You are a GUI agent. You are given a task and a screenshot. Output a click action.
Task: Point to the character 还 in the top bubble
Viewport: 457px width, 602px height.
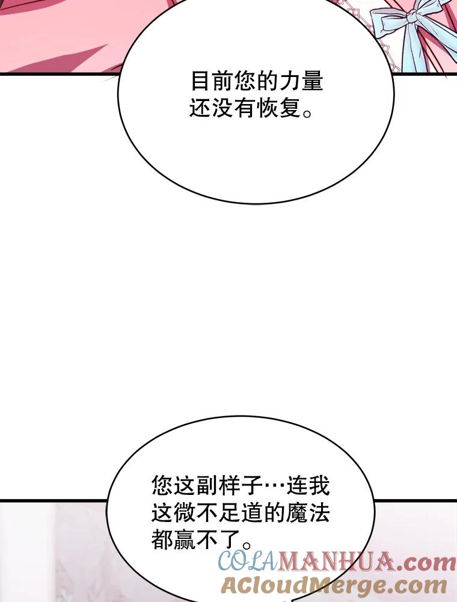[x=201, y=108]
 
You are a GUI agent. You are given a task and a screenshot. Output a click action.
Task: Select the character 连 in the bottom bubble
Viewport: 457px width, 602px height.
[x=297, y=484]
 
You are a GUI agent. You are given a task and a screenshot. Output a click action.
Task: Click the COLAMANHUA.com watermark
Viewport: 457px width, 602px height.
[x=337, y=563]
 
